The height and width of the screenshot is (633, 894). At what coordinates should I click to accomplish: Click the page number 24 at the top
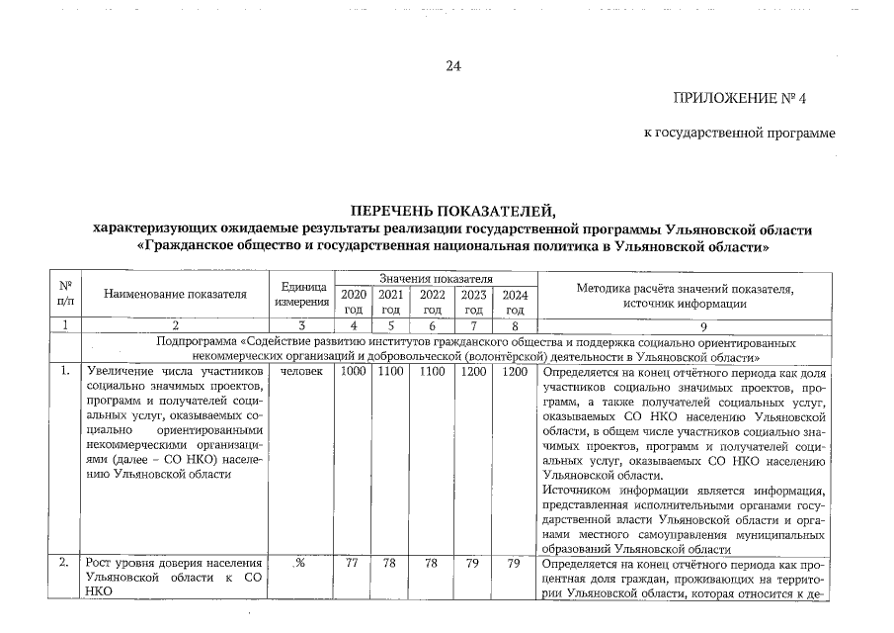[453, 66]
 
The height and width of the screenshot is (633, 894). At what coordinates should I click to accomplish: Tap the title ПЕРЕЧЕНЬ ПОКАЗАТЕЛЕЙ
[452, 212]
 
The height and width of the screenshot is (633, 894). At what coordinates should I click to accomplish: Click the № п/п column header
[65, 294]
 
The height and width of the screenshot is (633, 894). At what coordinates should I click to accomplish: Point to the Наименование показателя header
[175, 294]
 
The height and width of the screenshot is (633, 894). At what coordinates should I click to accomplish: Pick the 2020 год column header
[353, 302]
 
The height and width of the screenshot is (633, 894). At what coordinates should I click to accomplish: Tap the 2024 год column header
[514, 302]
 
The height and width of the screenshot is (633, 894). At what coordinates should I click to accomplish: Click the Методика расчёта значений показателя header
[685, 295]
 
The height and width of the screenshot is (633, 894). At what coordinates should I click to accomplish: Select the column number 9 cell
[685, 324]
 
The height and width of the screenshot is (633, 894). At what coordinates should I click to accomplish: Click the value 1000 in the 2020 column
[353, 372]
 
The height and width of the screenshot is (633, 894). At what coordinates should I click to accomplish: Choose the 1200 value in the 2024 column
[514, 372]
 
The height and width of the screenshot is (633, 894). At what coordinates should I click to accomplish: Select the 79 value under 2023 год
[473, 564]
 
